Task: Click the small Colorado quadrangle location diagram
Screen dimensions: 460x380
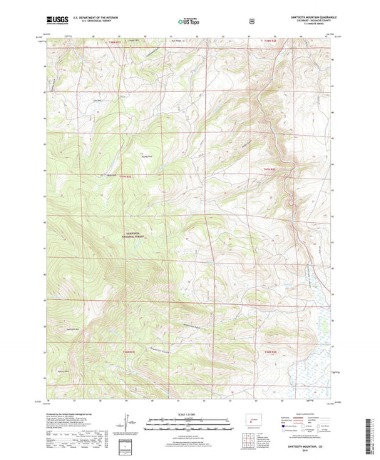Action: point(255,419)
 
